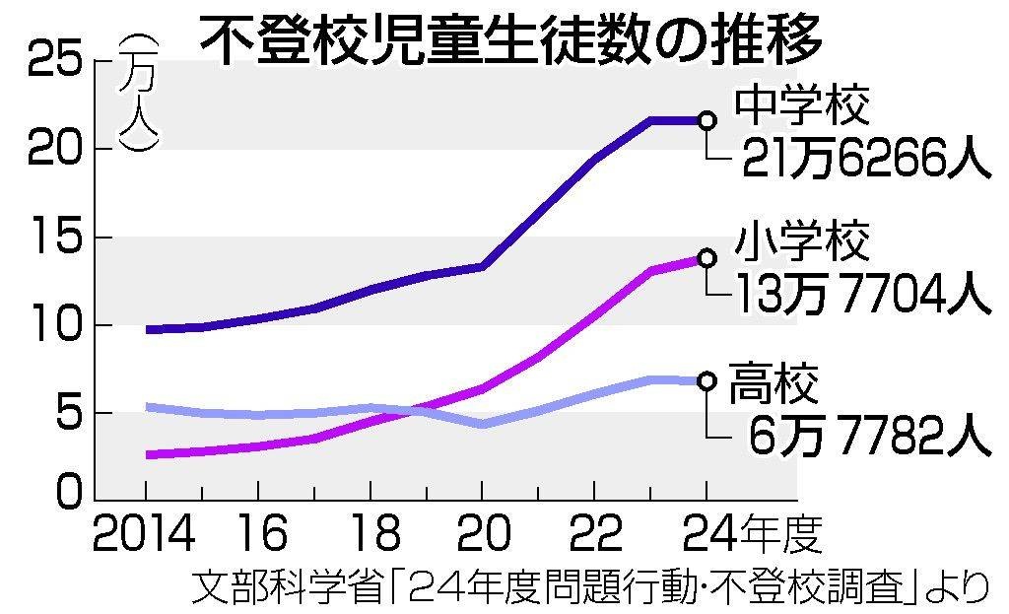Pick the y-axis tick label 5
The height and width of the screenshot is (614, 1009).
click(61, 414)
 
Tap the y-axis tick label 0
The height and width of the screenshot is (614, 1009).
click(62, 491)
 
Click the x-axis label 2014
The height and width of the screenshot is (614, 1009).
click(146, 533)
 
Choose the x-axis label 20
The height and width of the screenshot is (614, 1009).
click(483, 533)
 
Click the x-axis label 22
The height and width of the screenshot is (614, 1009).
click(595, 533)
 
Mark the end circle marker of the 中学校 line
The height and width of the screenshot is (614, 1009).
click(706, 120)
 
